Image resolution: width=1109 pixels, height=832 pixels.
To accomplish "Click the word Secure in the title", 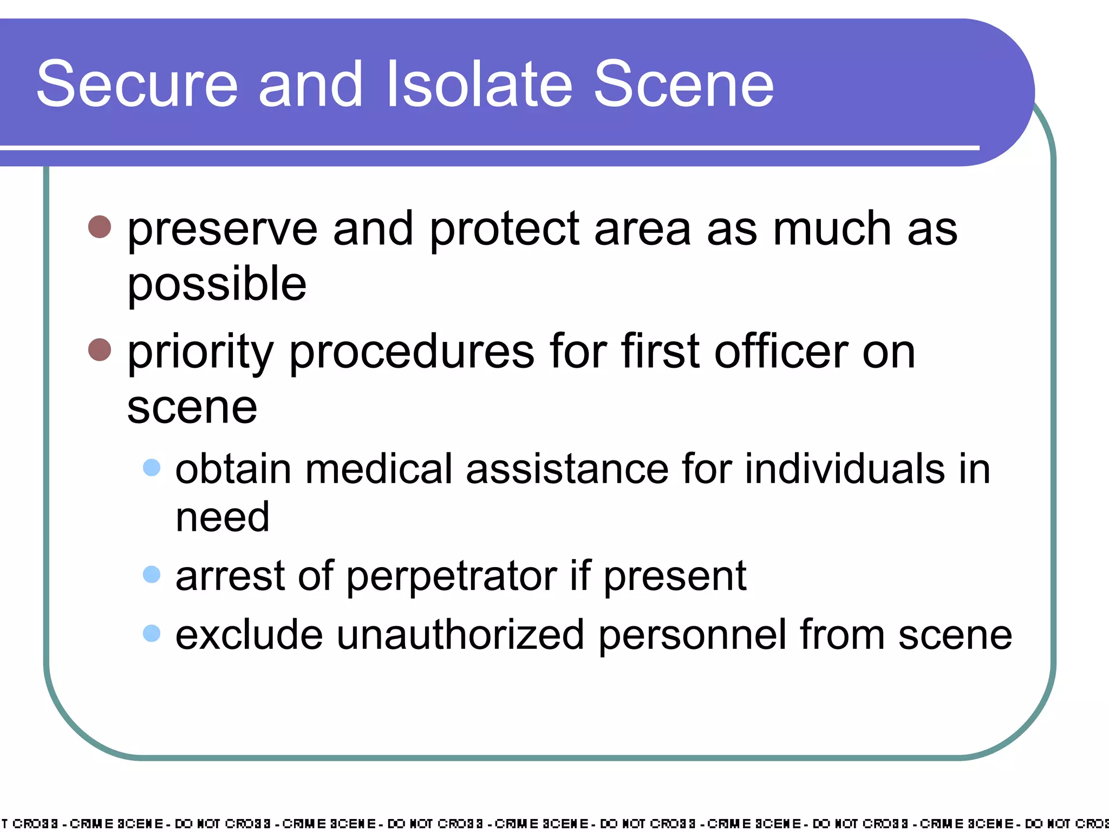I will tap(137, 84).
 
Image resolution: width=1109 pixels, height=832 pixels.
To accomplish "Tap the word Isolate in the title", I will tap(479, 84).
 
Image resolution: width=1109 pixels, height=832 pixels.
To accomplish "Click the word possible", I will tap(217, 285).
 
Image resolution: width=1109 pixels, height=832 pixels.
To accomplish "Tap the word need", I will tap(223, 517).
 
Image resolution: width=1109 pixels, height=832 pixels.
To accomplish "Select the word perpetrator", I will tap(452, 576).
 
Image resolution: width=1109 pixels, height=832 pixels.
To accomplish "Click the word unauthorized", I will tap(460, 635).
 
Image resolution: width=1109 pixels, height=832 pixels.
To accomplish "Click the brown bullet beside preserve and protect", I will tap(100, 227).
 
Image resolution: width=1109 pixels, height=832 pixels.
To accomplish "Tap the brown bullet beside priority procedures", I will tap(100, 350).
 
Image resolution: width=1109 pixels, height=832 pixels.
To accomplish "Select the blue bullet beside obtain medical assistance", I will tap(152, 467).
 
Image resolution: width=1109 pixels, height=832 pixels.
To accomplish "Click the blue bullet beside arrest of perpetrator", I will tap(152, 574).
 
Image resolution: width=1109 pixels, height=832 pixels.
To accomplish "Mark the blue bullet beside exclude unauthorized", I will tap(152, 633).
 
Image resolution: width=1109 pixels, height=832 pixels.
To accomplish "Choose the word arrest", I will tap(231, 576).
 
